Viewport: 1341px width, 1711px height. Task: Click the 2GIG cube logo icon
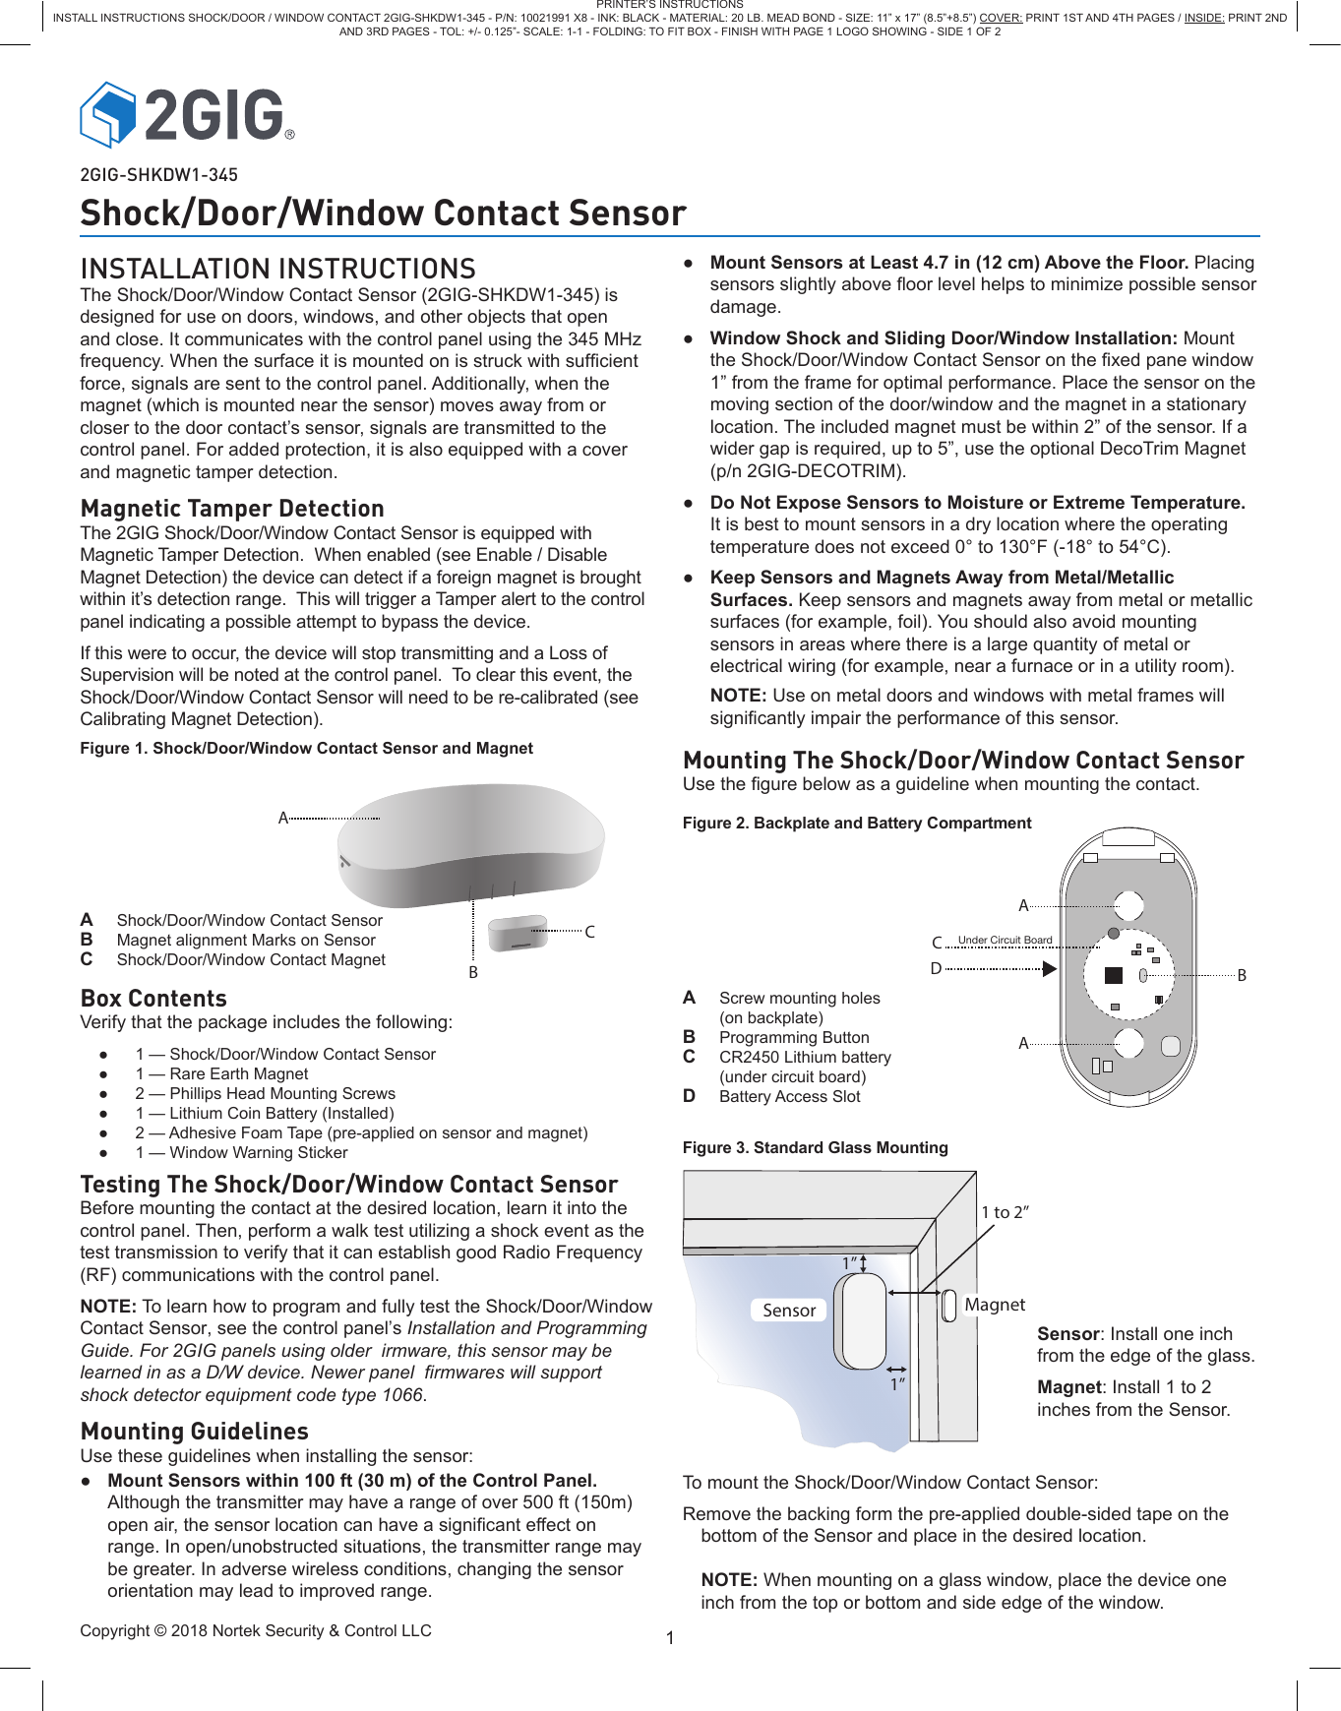coord(108,114)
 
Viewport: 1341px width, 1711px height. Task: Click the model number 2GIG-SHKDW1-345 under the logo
coord(158,175)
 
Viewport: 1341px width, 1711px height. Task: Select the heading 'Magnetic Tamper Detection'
coord(232,509)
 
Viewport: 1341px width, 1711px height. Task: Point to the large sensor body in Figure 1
coord(472,841)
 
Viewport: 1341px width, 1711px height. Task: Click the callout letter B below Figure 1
coord(473,972)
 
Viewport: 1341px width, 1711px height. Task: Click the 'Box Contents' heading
coord(153,999)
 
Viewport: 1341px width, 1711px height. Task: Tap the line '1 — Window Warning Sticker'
coord(241,1152)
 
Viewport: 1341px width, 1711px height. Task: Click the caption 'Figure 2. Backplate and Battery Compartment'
coord(857,823)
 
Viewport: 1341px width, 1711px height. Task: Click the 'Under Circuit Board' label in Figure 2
coord(1005,940)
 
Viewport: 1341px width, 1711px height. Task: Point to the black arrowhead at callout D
coord(1050,969)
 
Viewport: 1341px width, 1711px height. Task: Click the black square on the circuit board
coord(1113,975)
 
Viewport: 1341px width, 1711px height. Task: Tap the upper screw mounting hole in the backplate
coord(1128,905)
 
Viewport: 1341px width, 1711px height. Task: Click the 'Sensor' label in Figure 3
coord(789,1311)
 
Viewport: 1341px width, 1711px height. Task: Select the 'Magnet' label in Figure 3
coord(995,1305)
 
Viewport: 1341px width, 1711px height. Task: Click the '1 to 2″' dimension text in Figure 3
coord(1005,1212)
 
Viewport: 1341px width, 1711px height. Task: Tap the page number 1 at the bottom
coord(670,1638)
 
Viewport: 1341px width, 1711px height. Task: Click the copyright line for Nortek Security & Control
coord(256,1630)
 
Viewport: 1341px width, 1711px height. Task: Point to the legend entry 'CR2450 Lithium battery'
coord(805,1057)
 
